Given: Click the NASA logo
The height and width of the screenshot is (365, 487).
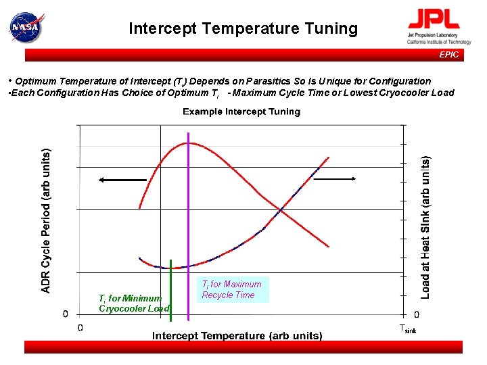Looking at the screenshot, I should pyautogui.click(x=25, y=27).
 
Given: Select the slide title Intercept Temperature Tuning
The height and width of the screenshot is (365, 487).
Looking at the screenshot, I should pyautogui.click(x=243, y=28).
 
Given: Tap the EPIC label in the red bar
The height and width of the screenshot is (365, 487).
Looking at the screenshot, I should pyautogui.click(x=448, y=55).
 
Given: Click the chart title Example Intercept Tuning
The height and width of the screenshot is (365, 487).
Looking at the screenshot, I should pyautogui.click(x=241, y=112).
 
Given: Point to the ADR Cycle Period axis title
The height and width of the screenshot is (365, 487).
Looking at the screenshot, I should pyautogui.click(x=46, y=221).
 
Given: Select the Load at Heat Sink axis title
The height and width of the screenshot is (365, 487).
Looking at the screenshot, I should pyautogui.click(x=425, y=228).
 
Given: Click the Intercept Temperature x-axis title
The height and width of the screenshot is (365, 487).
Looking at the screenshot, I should pyautogui.click(x=237, y=335).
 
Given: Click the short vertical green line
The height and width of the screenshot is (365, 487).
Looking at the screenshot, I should pyautogui.click(x=171, y=287).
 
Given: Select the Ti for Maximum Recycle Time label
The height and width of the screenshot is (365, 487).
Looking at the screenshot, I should pyautogui.click(x=231, y=289).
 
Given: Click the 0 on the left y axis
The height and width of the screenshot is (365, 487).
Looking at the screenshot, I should pyautogui.click(x=66, y=314).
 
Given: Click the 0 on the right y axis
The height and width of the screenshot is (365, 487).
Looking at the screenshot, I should pyautogui.click(x=416, y=314).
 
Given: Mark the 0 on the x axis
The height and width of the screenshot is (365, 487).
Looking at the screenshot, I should pyautogui.click(x=80, y=328).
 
